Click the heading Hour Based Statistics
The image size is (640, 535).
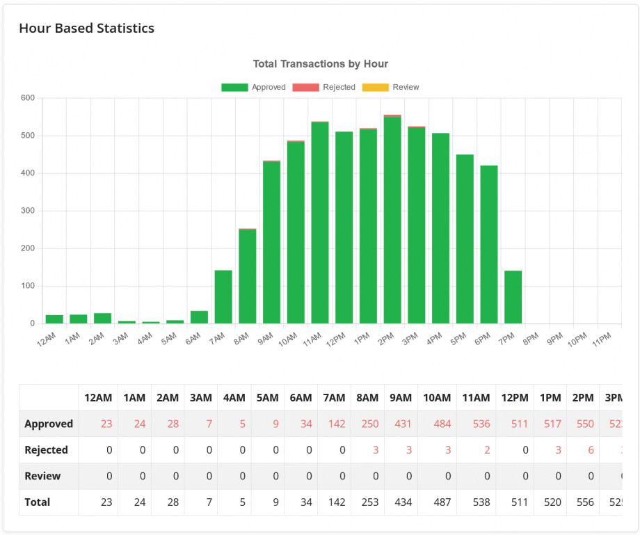click(x=86, y=29)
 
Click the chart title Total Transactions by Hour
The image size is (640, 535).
click(x=320, y=64)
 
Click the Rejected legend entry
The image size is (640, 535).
click(x=324, y=87)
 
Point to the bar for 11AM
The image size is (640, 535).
click(x=320, y=223)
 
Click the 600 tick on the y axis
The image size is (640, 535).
click(x=27, y=98)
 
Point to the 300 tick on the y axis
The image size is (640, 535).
click(x=27, y=211)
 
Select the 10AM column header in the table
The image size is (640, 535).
click(x=437, y=398)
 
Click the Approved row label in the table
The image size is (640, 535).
click(x=49, y=424)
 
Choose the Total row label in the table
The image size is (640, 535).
click(x=37, y=502)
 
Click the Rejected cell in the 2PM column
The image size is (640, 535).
click(x=583, y=450)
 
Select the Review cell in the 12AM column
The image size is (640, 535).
click(x=98, y=476)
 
